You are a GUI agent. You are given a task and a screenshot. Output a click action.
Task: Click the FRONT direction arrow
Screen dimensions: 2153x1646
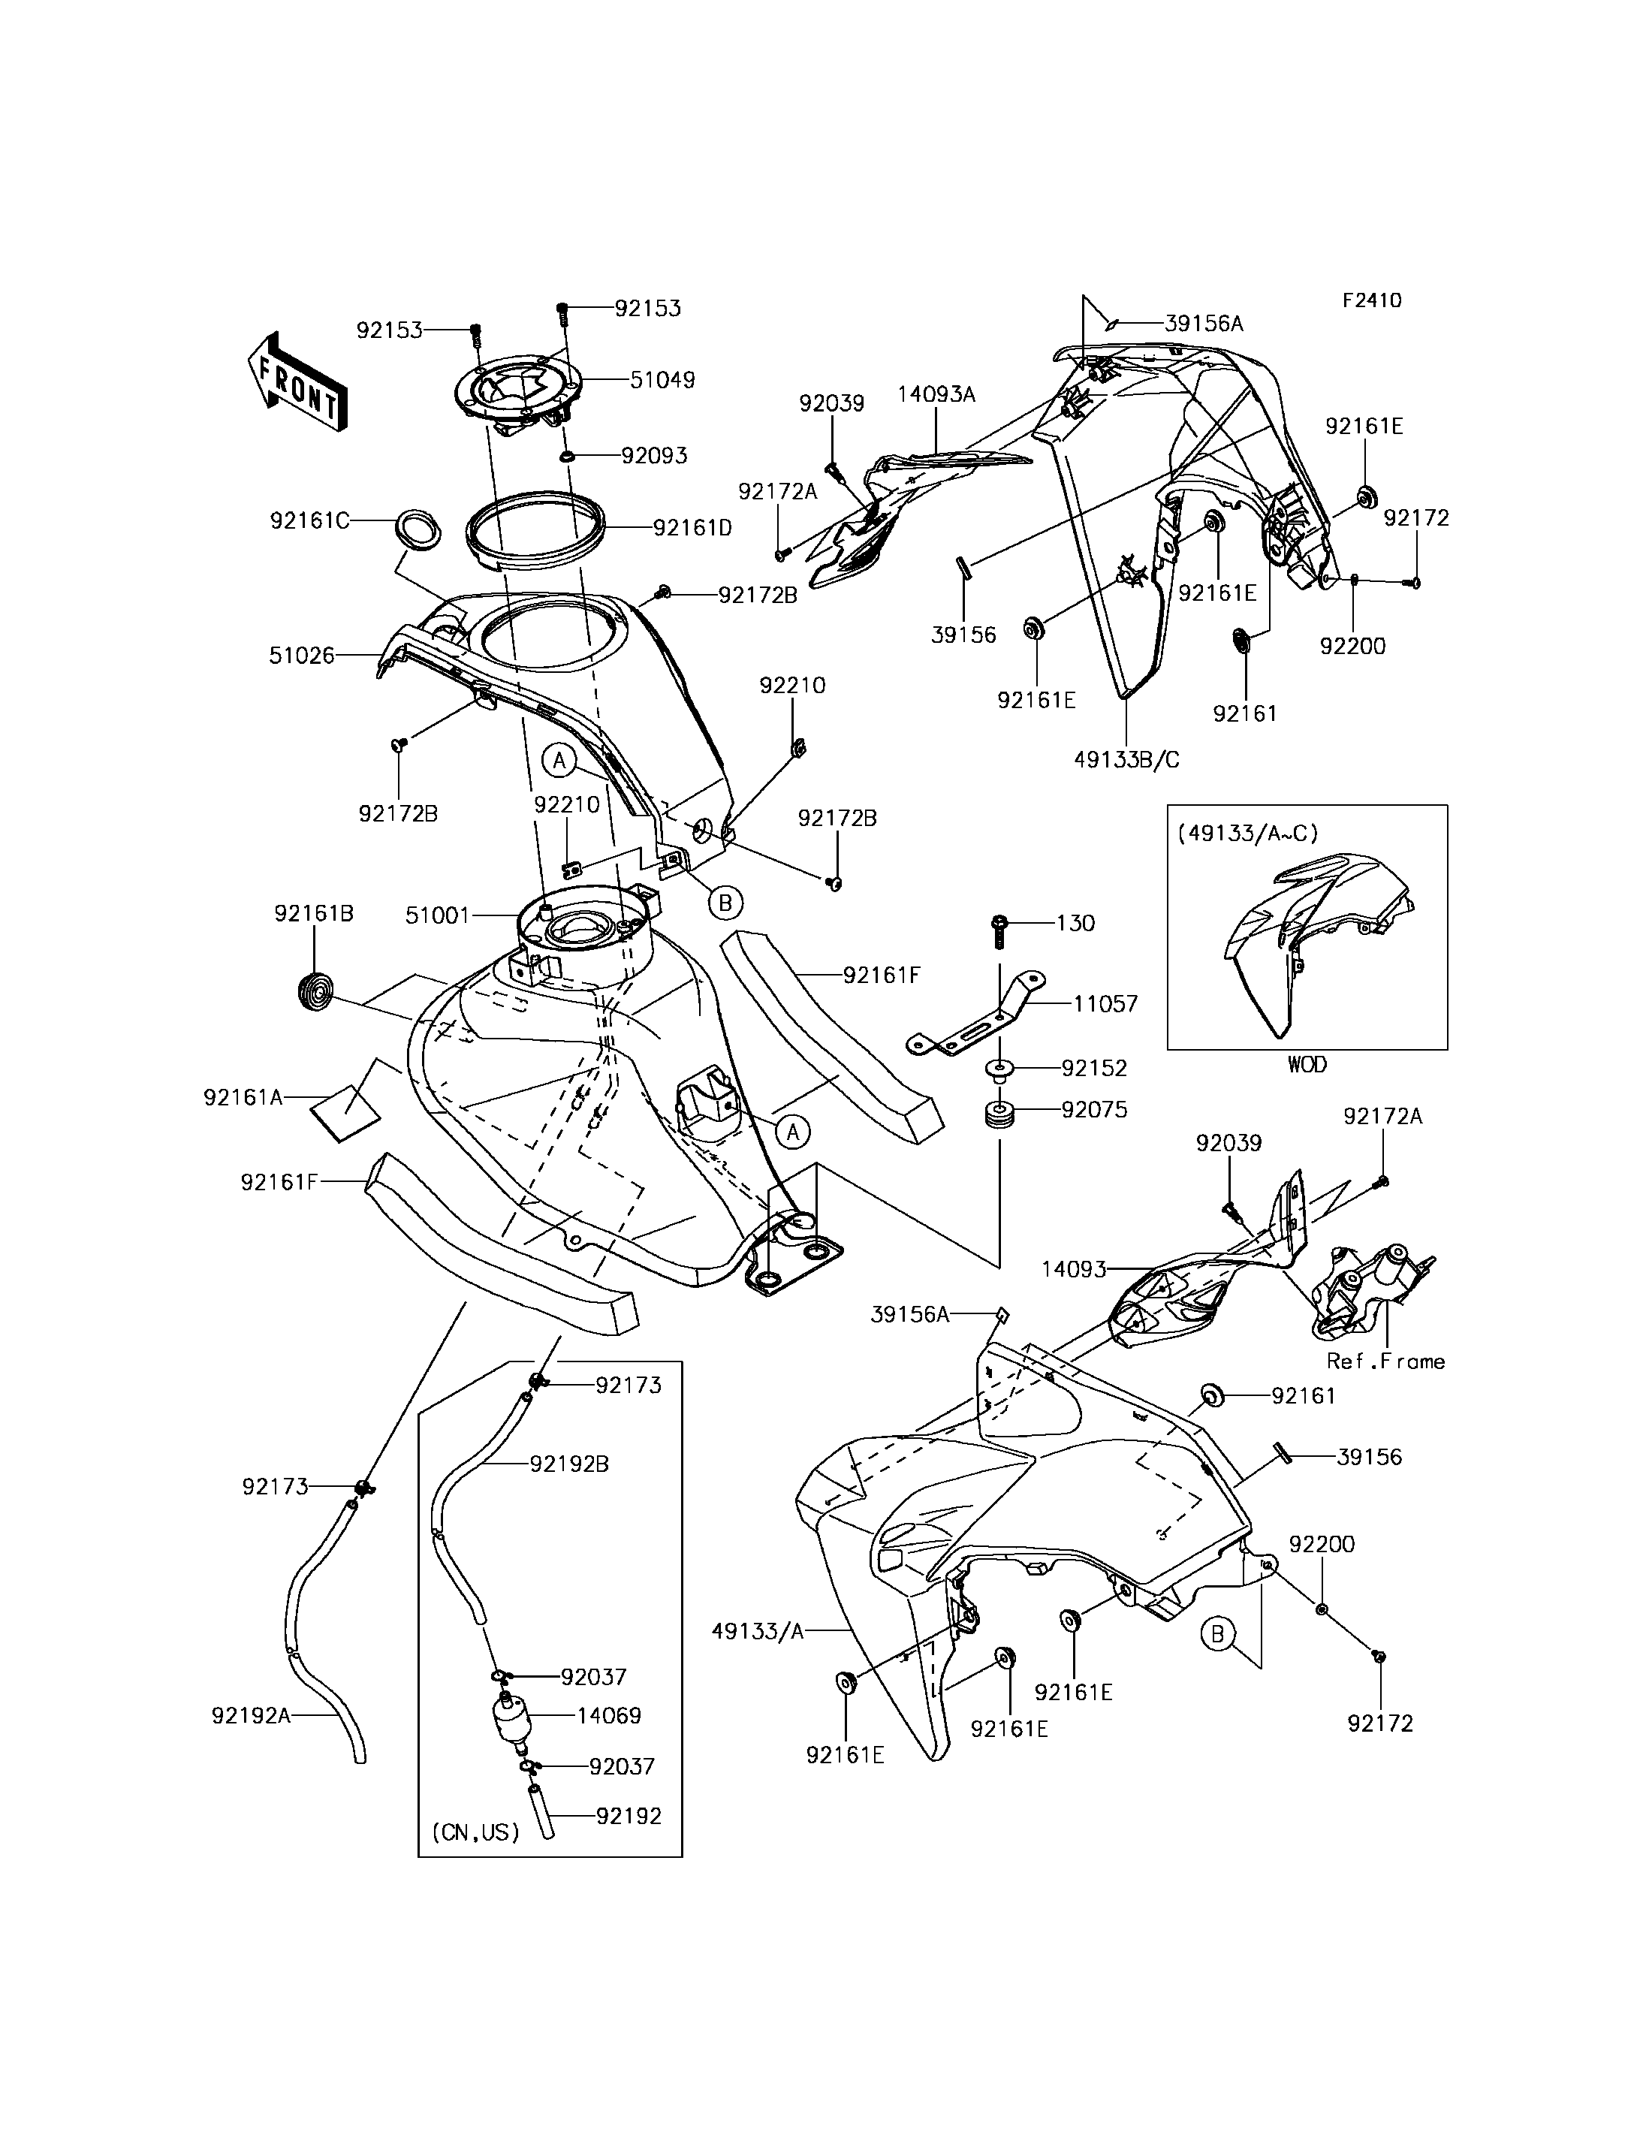295,382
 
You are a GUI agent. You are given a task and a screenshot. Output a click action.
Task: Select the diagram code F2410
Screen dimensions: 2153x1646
1372,301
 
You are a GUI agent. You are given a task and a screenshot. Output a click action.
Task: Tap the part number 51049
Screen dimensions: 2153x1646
662,379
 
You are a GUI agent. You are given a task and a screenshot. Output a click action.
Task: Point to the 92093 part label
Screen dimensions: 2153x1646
655,456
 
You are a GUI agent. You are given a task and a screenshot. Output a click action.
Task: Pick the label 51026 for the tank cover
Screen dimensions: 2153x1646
302,656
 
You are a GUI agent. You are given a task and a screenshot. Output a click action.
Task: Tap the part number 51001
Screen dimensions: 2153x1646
438,915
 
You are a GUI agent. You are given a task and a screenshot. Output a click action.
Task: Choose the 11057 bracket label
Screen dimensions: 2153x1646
1105,1003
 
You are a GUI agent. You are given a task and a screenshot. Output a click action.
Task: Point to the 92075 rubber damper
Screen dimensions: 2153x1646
999,1117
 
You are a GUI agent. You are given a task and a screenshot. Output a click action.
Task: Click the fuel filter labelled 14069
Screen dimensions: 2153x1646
507,1717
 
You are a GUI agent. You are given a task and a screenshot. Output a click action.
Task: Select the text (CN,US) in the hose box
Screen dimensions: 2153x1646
476,1831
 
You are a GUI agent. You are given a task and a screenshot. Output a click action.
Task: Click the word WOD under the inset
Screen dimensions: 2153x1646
1307,1064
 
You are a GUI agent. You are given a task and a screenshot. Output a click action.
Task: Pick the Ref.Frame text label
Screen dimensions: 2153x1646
1385,1361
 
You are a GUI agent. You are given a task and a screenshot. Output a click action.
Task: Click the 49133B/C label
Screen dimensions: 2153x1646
1126,759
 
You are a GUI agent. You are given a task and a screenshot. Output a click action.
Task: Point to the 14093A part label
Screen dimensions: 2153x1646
936,395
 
